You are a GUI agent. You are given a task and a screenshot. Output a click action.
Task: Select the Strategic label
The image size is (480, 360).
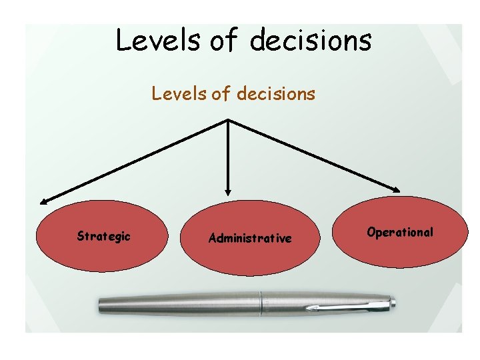(x=103, y=236)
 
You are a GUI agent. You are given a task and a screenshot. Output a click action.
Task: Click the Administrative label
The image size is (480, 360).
(x=250, y=238)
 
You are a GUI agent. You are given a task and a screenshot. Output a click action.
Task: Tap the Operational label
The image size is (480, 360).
(x=400, y=232)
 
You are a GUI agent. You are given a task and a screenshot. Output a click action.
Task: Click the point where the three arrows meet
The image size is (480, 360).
(x=229, y=120)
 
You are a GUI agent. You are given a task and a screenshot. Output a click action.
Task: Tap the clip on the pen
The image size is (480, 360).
(x=347, y=307)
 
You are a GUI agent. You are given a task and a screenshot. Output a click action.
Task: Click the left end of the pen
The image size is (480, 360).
(x=101, y=305)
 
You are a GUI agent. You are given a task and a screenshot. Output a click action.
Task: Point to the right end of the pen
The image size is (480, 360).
(x=393, y=304)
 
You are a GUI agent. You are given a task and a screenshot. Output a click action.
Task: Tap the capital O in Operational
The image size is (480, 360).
(x=371, y=232)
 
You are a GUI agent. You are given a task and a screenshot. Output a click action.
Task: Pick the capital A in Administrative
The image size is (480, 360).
(x=212, y=238)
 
